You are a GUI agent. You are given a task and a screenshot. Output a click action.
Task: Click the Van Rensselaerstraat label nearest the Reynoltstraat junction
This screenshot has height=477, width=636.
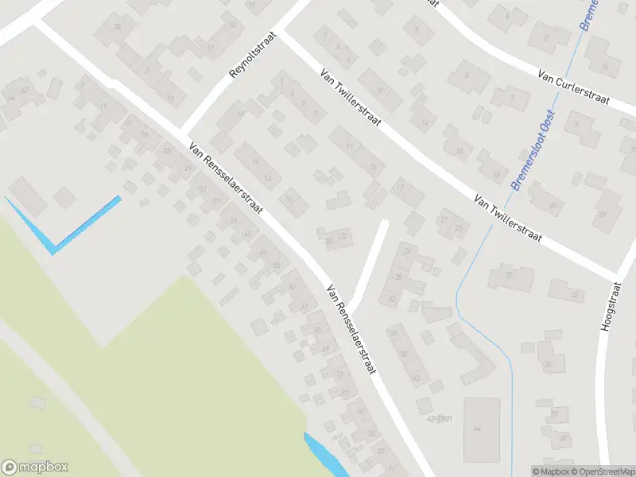(226, 177)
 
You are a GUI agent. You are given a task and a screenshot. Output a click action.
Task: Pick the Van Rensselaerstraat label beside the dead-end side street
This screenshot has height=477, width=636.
(351, 330)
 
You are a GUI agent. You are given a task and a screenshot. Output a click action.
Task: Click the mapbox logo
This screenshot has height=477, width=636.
(35, 467)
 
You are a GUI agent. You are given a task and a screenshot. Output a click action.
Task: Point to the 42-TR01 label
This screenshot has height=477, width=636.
(444, 417)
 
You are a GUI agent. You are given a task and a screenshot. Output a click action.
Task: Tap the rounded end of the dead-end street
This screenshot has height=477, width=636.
(383, 224)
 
